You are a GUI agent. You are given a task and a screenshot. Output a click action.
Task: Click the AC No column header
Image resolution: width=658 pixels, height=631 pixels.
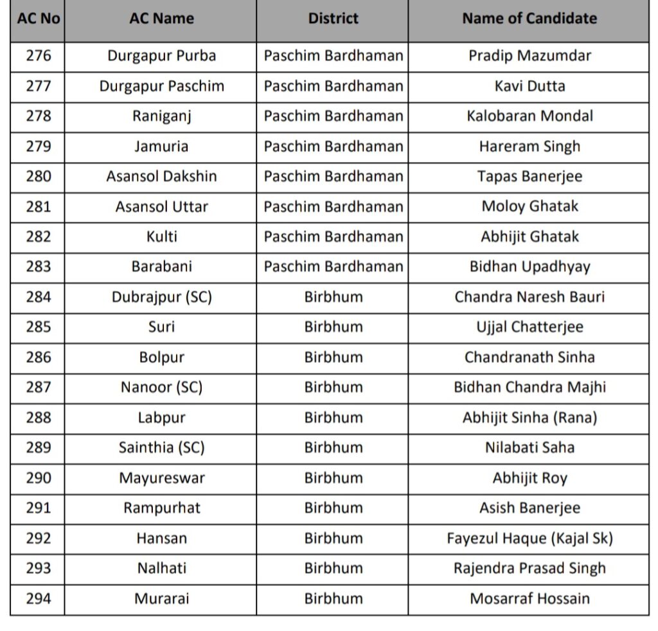tap(38, 19)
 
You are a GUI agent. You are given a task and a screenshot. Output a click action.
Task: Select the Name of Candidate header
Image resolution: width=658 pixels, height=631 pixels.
tap(529, 19)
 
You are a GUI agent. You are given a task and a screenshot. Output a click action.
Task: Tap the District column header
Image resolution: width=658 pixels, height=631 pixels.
tap(333, 19)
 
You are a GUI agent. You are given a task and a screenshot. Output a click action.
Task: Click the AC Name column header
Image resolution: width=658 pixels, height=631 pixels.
tap(161, 19)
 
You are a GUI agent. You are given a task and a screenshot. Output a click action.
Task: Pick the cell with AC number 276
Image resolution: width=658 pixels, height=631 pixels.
tap(38, 56)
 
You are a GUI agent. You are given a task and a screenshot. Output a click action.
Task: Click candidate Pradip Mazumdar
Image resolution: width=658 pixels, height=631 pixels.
tap(529, 56)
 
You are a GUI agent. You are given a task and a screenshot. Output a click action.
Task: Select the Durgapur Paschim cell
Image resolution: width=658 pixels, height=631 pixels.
tap(161, 86)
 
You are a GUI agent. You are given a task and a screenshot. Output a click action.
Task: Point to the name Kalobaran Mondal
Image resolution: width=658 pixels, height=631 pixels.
tap(529, 116)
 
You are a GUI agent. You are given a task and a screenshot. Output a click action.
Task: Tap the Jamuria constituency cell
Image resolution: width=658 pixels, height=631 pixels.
tap(161, 147)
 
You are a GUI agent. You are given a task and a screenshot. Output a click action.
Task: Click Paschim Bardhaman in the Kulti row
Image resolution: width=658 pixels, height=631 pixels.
tap(333, 236)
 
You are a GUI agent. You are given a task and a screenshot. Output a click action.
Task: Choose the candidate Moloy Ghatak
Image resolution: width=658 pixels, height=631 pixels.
tap(529, 206)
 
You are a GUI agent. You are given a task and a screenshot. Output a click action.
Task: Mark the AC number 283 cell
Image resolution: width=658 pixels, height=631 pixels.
tap(38, 267)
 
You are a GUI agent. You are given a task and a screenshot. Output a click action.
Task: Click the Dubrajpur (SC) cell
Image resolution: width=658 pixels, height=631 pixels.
tap(161, 297)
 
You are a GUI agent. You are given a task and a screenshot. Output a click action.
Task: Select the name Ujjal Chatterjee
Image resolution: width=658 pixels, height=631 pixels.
tap(529, 326)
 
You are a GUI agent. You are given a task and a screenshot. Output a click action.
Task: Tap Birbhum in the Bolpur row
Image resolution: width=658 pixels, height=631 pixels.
tap(333, 357)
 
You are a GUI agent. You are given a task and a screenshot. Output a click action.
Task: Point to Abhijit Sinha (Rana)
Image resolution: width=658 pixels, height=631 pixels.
tap(529, 418)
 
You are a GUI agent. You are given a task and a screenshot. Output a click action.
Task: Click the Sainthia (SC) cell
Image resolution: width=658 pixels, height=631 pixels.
tap(161, 448)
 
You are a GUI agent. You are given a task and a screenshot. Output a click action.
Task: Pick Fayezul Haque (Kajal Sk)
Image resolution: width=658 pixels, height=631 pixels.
tap(529, 538)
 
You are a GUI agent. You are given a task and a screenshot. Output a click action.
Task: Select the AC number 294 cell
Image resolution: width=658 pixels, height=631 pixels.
tap(38, 598)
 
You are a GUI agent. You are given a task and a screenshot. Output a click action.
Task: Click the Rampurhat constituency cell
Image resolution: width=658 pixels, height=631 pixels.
tap(161, 508)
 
